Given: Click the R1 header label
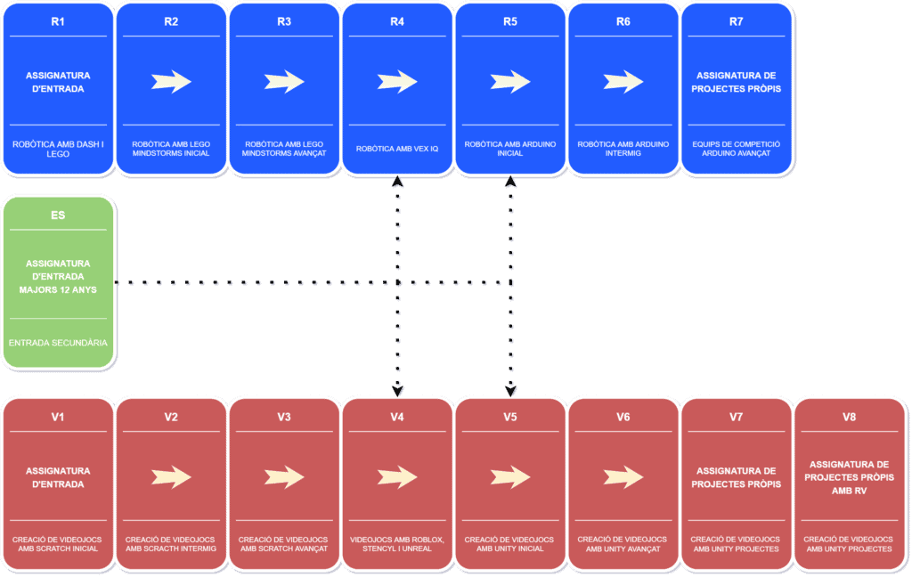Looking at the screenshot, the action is (58, 21).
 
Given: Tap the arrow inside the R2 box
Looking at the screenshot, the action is (171, 81).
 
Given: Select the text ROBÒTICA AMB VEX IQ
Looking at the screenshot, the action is (397, 149).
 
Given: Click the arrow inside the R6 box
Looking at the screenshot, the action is (623, 81).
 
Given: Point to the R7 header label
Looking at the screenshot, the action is (736, 21).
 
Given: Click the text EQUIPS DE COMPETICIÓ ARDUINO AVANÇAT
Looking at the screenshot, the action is (737, 149).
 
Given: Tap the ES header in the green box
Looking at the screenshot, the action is (58, 215).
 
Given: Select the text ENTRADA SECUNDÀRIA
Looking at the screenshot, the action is (58, 343).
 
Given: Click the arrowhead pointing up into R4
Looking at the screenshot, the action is (397, 181).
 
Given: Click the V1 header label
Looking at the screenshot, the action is (58, 417).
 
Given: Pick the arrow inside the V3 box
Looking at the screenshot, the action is (284, 477).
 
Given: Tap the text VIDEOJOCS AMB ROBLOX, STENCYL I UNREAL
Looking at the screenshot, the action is (397, 544).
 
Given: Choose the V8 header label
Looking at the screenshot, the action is (849, 417).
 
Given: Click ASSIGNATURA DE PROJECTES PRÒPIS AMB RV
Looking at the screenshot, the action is (849, 477).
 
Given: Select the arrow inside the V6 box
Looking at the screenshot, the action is (623, 477).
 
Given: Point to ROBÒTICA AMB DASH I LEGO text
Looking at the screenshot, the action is (58, 149).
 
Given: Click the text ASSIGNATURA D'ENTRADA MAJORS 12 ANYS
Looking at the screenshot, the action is (58, 276).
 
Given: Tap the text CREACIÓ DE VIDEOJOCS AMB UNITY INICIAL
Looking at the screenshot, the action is (509, 544).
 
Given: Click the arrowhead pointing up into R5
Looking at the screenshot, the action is (510, 181).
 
